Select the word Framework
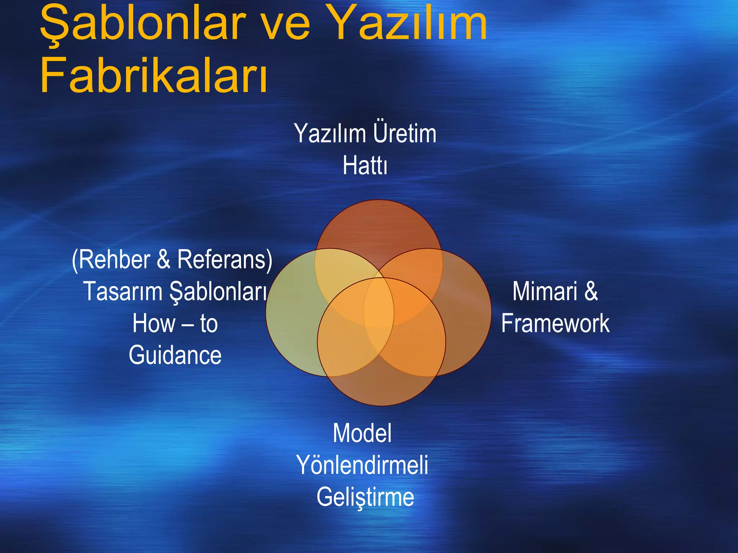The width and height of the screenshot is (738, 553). pos(555,323)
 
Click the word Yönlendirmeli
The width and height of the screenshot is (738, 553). pos(362,465)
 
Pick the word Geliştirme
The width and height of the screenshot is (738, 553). pos(365,497)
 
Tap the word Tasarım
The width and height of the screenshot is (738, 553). pos(123,291)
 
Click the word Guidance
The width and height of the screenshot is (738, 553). pos(175,355)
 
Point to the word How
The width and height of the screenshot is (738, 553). pos(154,323)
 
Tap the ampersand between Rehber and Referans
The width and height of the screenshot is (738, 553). pos(163,259)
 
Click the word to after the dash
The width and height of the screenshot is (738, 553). pos(209,323)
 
